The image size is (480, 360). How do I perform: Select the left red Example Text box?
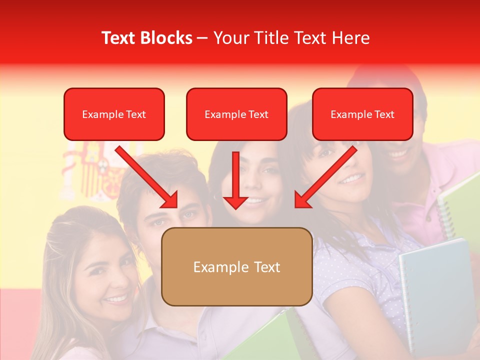point(114,114)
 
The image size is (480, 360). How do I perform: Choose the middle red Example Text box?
point(236,114)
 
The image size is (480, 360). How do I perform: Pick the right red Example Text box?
point(362,114)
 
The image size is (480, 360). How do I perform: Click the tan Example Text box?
point(236,266)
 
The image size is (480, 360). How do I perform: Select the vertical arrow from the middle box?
point(235,180)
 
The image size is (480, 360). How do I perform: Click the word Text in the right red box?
point(384,114)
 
